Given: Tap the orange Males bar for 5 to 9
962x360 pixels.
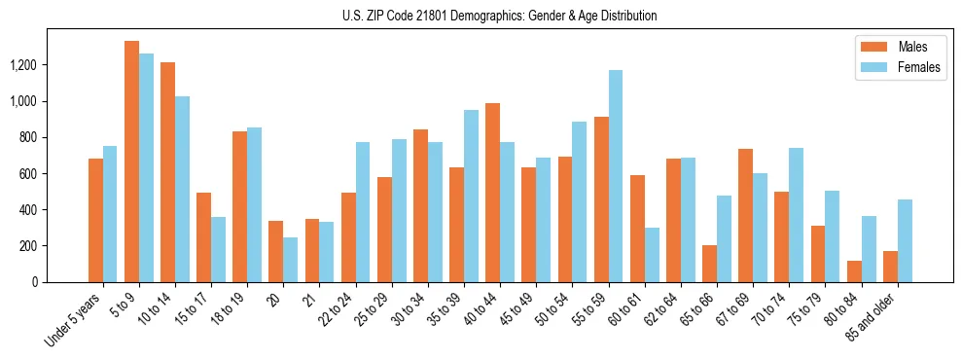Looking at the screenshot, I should (x=132, y=162).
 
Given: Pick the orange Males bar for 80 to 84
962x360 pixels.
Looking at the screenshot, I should (x=855, y=271).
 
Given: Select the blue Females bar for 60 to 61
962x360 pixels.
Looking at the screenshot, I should (x=652, y=255).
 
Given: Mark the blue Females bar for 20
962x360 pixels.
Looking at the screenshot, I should (x=291, y=260).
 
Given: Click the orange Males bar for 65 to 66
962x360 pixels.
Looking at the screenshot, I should (x=710, y=264).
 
